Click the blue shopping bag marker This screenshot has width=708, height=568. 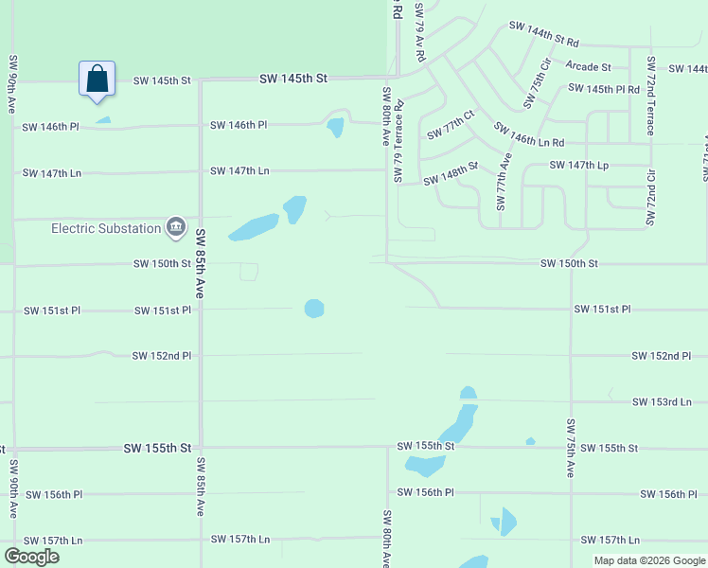(x=97, y=79)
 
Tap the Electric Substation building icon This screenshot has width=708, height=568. (x=176, y=227)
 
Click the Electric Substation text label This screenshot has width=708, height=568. (x=106, y=228)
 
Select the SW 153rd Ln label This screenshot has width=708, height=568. (x=662, y=402)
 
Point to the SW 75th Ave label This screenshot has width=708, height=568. (x=571, y=447)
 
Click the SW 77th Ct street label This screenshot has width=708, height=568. (x=450, y=128)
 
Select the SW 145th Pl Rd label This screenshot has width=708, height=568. (x=604, y=88)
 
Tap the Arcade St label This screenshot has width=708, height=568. (x=588, y=66)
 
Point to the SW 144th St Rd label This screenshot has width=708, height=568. (x=543, y=36)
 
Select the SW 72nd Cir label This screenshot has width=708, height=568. (x=650, y=197)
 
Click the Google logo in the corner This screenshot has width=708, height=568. (x=31, y=557)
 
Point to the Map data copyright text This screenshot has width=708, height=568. (x=647, y=560)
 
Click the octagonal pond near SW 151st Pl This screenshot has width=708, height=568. (x=314, y=309)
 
